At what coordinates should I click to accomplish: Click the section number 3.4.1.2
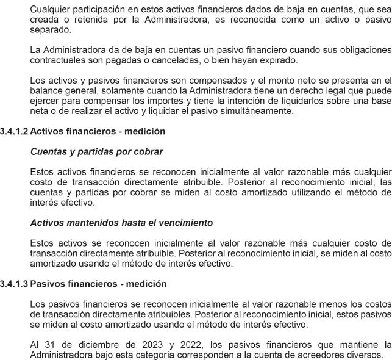(14, 131)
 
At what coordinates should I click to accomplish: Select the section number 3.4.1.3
(14, 284)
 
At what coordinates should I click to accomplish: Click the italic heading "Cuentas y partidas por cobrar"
(96, 152)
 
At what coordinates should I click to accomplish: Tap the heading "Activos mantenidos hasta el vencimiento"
(121, 223)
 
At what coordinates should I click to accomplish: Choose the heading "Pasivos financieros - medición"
(98, 284)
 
